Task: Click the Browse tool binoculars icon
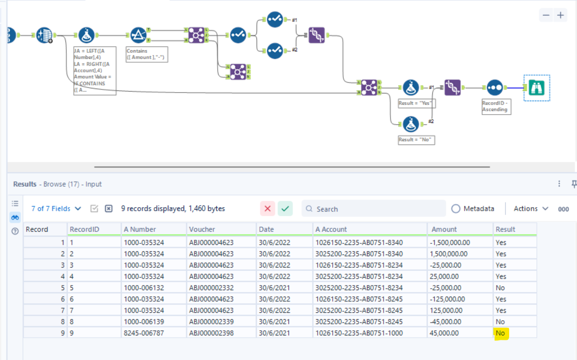(x=537, y=88)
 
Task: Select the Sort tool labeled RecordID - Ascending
(x=495, y=87)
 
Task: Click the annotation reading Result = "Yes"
(x=417, y=103)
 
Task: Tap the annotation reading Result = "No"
(x=417, y=140)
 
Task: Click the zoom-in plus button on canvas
(x=560, y=15)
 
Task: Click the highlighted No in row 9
(x=500, y=333)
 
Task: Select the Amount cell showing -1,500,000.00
(x=451, y=242)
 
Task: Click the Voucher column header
(x=202, y=229)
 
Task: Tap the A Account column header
(x=331, y=229)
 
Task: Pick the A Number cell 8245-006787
(x=144, y=333)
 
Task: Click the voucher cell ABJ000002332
(x=211, y=288)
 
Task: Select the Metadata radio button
(x=456, y=209)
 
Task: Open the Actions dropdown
(x=531, y=209)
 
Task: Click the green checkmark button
(x=285, y=209)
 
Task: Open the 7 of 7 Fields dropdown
(x=56, y=209)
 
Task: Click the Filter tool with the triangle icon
(x=138, y=35)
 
